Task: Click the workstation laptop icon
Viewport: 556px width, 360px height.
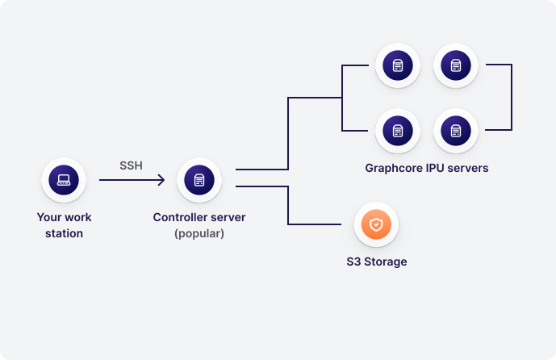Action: pyautogui.click(x=64, y=180)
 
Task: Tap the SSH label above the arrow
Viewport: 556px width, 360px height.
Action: pyautogui.click(x=131, y=165)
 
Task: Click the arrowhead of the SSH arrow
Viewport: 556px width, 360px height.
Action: pyautogui.click(x=161, y=180)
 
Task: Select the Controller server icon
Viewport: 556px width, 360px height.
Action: pyautogui.click(x=199, y=180)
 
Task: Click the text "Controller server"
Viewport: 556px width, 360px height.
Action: pyautogui.click(x=199, y=218)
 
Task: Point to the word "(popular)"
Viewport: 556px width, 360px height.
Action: pyautogui.click(x=199, y=234)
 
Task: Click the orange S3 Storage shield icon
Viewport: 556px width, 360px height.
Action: pyautogui.click(x=377, y=224)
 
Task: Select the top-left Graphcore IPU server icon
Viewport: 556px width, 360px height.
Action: pyautogui.click(x=398, y=65)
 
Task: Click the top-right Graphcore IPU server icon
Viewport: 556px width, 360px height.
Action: pyautogui.click(x=456, y=65)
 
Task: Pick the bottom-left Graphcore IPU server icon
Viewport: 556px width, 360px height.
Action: pyautogui.click(x=398, y=130)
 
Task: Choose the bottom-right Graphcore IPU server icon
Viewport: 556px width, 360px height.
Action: pyautogui.click(x=456, y=130)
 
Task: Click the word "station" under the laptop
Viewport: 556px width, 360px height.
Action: pyautogui.click(x=64, y=234)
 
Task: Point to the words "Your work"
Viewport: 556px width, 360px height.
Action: pyautogui.click(x=64, y=218)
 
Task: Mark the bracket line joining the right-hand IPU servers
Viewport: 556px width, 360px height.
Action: pyautogui.click(x=512, y=98)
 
